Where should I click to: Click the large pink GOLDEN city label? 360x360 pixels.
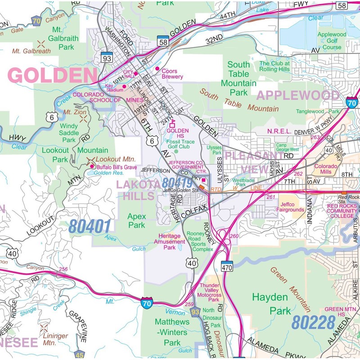53,76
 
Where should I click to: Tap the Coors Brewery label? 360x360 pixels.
172,74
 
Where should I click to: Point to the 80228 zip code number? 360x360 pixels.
313,322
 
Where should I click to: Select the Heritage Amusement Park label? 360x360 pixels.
169,241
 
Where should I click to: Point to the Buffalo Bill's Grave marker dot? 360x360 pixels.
92,166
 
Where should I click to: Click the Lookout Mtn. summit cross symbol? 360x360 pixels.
91,160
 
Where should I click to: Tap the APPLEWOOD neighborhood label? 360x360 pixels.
297,95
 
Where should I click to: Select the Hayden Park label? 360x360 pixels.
270,304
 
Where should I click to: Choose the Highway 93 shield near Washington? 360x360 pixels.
107,58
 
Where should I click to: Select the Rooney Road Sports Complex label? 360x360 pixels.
202,241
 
